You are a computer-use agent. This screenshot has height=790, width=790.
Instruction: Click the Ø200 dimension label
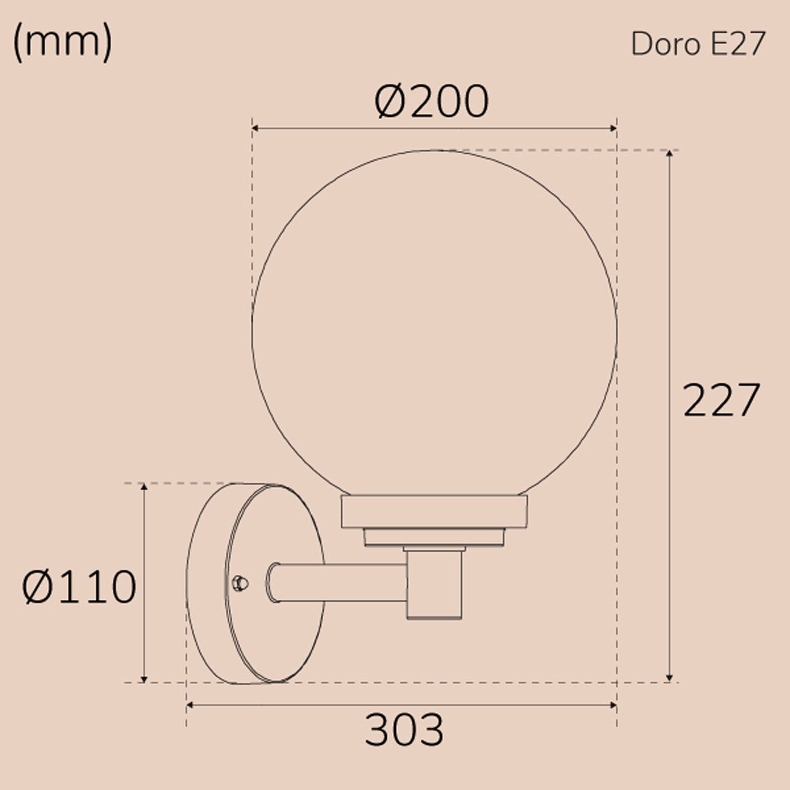point(431,101)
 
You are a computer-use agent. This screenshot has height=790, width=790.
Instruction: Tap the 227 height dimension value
point(721,400)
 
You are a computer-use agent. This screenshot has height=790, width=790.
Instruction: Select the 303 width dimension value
point(404,730)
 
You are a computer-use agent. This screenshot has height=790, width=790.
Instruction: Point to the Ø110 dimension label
point(79,587)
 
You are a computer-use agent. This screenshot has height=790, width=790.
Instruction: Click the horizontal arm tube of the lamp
point(337,582)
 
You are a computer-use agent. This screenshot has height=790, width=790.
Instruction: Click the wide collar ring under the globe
point(434,511)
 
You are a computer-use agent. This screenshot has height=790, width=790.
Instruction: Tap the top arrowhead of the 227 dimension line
point(669,153)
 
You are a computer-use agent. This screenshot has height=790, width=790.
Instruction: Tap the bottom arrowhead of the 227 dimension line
point(669,679)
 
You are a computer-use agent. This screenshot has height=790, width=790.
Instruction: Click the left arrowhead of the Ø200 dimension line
point(255,128)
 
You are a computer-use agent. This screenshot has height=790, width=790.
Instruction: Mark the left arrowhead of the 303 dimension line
point(190,705)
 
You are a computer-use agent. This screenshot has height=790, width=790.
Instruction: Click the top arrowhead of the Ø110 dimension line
point(144,486)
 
